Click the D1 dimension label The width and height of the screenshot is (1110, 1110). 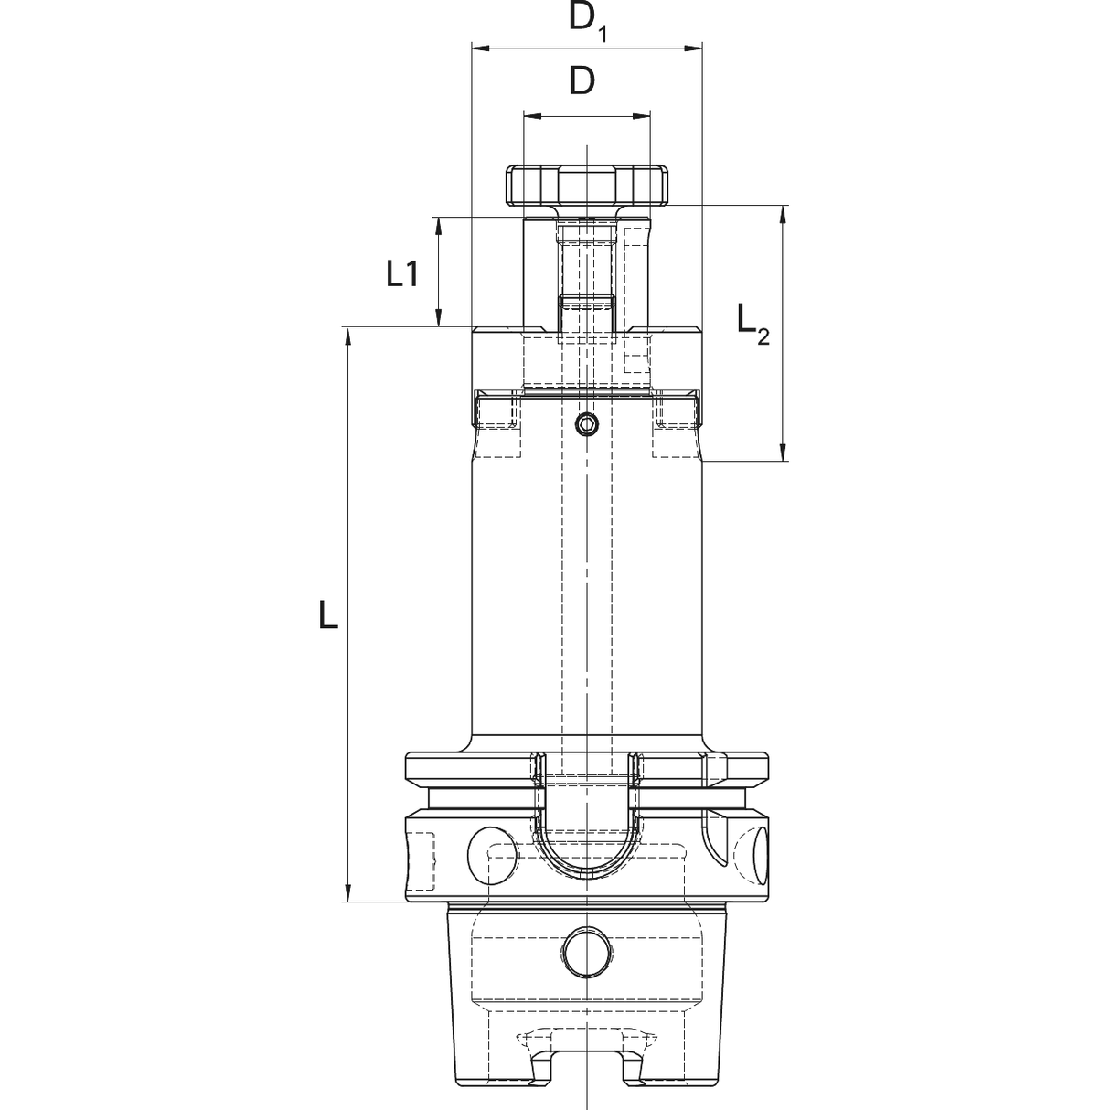point(588,22)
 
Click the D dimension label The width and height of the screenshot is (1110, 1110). point(582,81)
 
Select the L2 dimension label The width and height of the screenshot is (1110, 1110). point(753,325)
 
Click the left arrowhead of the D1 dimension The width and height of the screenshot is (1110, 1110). point(481,48)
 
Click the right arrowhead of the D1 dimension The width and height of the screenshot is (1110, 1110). point(693,48)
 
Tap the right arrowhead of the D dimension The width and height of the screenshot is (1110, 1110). point(641,116)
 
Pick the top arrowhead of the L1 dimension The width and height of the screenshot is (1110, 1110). point(439,227)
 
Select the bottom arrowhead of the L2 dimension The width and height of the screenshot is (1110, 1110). point(783,452)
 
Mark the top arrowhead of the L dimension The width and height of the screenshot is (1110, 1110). point(347,336)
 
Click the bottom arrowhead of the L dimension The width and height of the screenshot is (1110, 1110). point(347,892)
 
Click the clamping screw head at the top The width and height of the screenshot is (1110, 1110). point(587,186)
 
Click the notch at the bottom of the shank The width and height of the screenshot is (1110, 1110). point(587,1082)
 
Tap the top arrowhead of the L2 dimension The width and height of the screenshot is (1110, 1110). point(783,214)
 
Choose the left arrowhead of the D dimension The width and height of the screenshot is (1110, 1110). point(533,116)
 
